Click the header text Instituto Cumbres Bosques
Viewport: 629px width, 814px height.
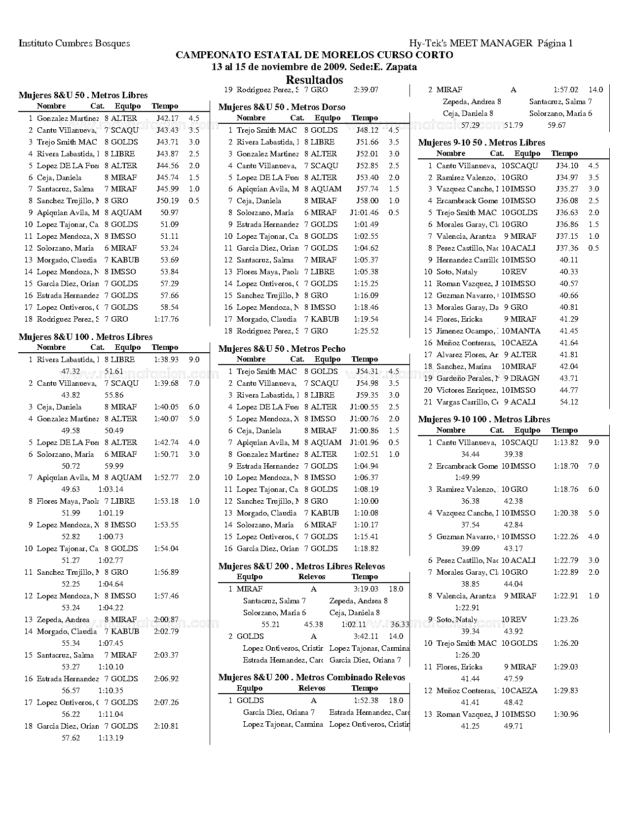(x=74, y=43)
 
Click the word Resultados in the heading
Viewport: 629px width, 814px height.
(x=314, y=80)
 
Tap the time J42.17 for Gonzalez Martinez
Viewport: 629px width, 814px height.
(x=167, y=118)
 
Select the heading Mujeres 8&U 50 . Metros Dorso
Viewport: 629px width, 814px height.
(x=282, y=107)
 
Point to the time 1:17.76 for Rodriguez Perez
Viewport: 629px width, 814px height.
(x=166, y=319)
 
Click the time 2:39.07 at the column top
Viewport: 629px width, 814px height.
(x=366, y=90)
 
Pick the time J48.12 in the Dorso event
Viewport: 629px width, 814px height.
(x=367, y=130)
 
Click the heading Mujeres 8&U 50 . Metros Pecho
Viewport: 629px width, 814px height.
(x=282, y=349)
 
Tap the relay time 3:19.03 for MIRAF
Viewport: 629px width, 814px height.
(x=366, y=589)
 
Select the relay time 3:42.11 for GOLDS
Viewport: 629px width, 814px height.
(x=366, y=636)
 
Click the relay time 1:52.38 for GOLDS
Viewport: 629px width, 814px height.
(x=366, y=701)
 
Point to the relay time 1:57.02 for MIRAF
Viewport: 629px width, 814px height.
(x=566, y=90)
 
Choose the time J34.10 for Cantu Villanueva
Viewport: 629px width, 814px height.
(x=567, y=166)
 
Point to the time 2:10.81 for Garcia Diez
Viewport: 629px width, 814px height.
(x=166, y=726)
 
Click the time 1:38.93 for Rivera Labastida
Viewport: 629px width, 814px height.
(x=166, y=360)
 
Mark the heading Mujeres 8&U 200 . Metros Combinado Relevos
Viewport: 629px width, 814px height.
(x=312, y=677)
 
